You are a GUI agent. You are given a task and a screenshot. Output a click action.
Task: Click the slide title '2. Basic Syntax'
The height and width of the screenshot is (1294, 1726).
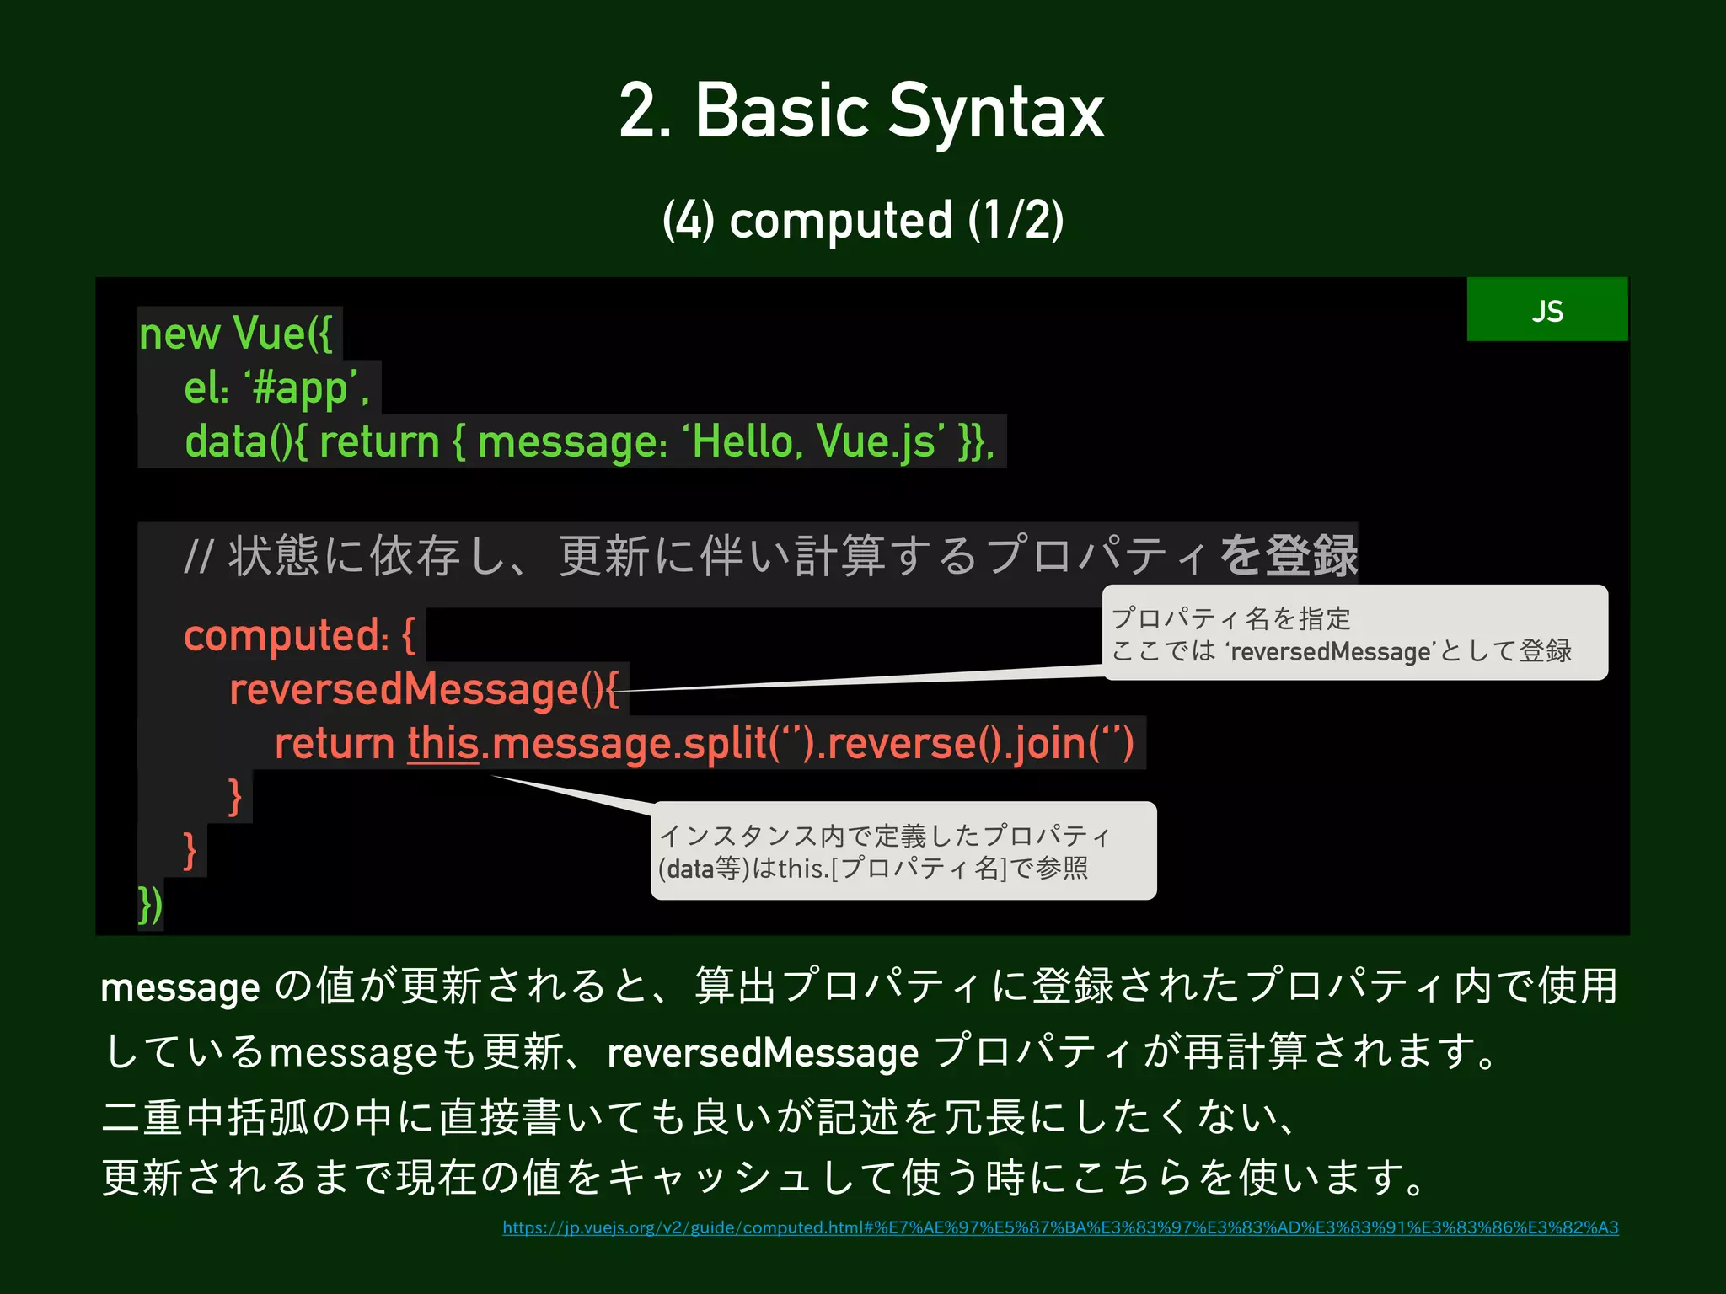[x=861, y=111]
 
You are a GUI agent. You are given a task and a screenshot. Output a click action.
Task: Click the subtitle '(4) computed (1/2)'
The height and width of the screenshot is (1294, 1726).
[x=863, y=221]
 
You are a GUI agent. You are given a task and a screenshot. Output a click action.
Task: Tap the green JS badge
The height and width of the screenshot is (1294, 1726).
[x=1546, y=310]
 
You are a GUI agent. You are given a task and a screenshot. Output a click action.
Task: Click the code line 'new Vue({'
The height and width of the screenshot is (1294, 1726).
[x=236, y=334]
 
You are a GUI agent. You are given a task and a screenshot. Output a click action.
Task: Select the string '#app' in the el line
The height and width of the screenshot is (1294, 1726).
[x=303, y=388]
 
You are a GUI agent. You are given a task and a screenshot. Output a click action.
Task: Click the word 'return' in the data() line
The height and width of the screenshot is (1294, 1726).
[x=379, y=442]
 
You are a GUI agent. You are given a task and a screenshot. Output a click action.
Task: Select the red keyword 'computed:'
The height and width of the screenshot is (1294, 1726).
[x=287, y=635]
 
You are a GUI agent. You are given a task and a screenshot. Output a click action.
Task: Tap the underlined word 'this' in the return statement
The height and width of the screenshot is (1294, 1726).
[x=443, y=744]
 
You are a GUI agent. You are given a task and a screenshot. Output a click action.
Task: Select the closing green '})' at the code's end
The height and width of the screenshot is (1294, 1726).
[x=150, y=906]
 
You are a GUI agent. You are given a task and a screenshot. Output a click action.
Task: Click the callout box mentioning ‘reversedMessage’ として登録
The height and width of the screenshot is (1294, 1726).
[x=1354, y=633]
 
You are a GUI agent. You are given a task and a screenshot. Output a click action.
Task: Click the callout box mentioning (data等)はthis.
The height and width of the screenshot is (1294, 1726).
[x=903, y=851]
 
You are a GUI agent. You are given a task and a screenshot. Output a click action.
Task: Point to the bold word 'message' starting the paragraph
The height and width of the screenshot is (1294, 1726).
[x=180, y=987]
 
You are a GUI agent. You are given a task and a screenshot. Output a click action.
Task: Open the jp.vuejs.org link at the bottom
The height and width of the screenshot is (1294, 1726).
[x=1060, y=1227]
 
